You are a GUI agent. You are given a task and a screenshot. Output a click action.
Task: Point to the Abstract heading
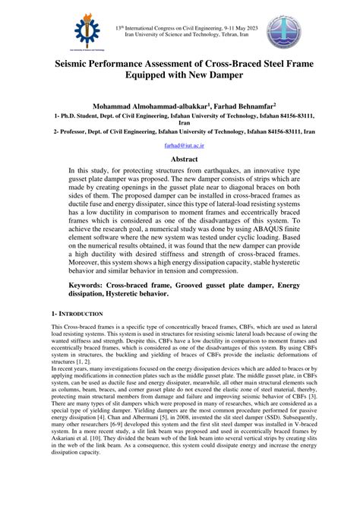point(180,160)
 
